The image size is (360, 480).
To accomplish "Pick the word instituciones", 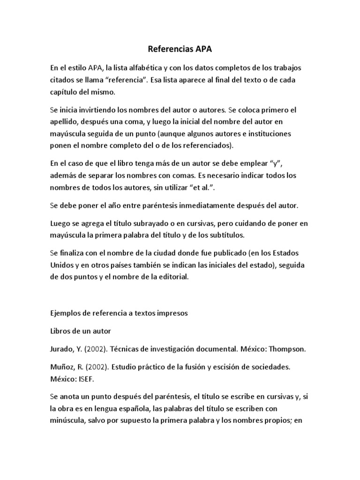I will pos(273,134).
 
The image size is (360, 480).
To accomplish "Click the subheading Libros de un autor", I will pos(80,331).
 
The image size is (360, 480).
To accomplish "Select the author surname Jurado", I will pos(62,349).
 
